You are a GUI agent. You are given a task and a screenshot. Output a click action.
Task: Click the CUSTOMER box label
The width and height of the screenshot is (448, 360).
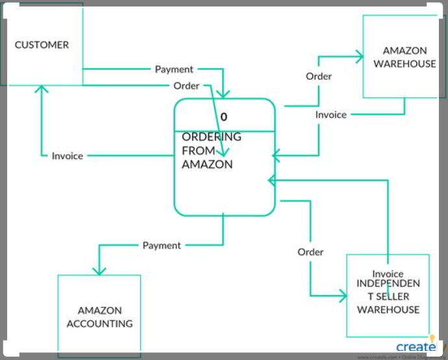point(42,45)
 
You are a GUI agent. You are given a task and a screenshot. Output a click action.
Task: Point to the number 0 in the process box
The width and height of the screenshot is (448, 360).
point(224,117)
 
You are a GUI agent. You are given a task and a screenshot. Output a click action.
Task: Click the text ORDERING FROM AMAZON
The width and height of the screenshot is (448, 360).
point(211,151)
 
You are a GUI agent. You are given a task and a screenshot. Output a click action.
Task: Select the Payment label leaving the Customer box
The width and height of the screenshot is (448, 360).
point(174,69)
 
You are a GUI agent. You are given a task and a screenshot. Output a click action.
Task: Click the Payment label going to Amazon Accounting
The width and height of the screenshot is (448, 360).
point(162,245)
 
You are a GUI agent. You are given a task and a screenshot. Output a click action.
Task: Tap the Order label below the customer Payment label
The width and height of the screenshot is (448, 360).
point(186,86)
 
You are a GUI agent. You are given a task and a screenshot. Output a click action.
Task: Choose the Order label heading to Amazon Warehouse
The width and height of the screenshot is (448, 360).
point(319,76)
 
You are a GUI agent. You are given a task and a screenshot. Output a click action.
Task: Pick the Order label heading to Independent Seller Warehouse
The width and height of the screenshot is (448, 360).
point(310,251)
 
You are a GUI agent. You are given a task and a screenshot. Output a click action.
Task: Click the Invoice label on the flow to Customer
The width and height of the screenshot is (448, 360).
point(68,156)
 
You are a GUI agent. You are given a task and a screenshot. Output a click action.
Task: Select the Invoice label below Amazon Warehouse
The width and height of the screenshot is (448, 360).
point(331,114)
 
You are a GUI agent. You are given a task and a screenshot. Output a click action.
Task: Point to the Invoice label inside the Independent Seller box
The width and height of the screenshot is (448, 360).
point(388,274)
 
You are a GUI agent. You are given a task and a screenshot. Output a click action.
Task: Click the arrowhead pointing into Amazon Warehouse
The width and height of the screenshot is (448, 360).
point(358,57)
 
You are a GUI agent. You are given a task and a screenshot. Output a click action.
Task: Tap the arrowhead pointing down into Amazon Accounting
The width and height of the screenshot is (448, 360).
point(99,270)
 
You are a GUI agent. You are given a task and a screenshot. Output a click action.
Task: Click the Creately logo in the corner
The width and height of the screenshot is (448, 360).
point(416,346)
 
